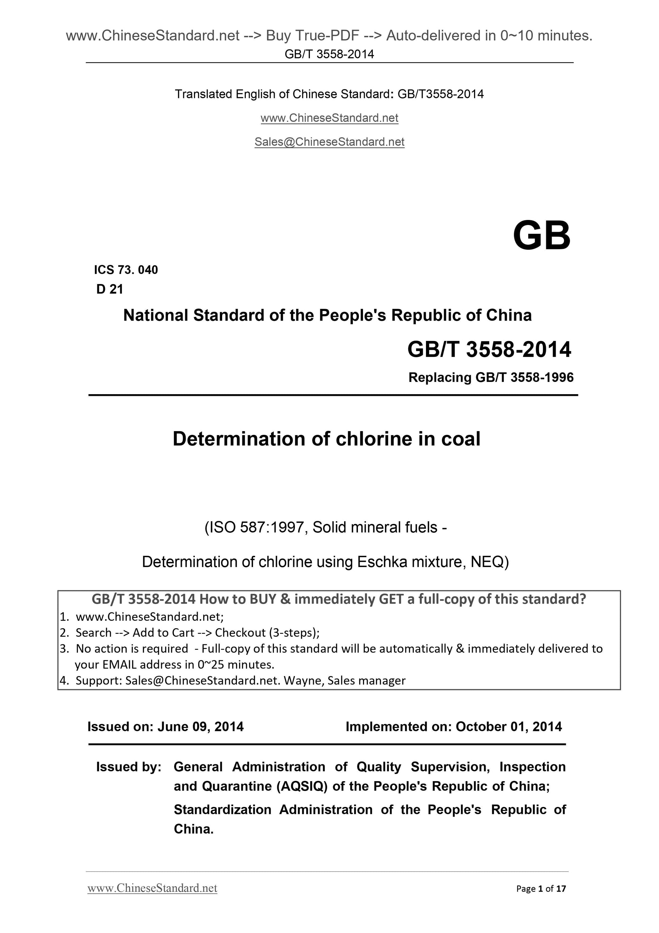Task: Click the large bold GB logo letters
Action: pyautogui.click(x=541, y=236)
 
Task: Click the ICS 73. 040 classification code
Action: pyautogui.click(x=126, y=270)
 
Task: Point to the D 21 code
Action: pyautogui.click(x=110, y=289)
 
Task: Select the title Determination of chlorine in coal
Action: pyautogui.click(x=326, y=439)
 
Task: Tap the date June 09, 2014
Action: pyautogui.click(x=200, y=727)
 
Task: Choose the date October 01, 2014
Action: pyautogui.click(x=509, y=727)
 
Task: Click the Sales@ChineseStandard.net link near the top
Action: pyautogui.click(x=329, y=142)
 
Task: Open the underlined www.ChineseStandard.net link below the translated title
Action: pyautogui.click(x=329, y=118)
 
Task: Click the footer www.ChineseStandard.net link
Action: pyautogui.click(x=152, y=888)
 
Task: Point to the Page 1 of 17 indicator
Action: pyautogui.click(x=541, y=889)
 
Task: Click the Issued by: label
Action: pyautogui.click(x=129, y=767)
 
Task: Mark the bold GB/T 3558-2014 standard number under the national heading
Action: pyautogui.click(x=489, y=349)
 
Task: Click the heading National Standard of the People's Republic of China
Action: pyautogui.click(x=327, y=315)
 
